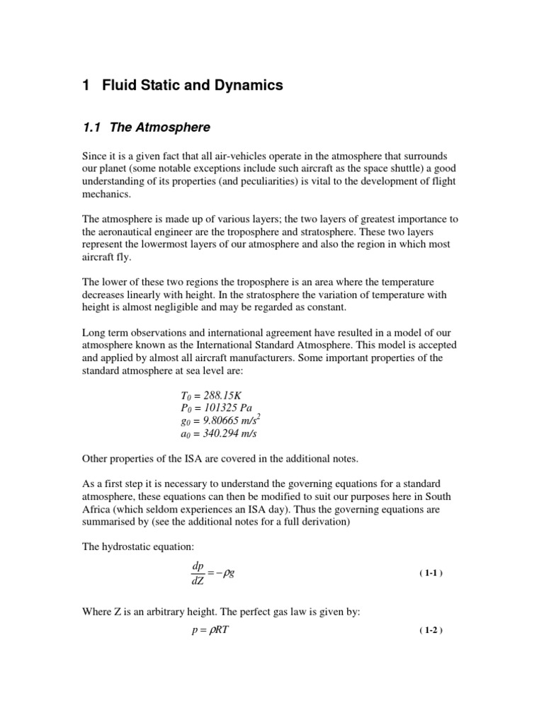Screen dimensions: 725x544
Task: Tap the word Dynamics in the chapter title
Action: [244, 86]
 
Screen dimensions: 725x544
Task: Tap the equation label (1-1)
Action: [430, 573]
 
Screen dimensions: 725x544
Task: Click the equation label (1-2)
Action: [430, 630]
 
